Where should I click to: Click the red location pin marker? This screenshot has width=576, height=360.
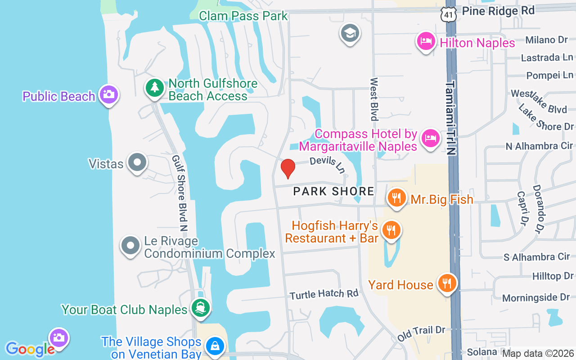pos(288,168)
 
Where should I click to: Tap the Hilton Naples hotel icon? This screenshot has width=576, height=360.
pos(426,42)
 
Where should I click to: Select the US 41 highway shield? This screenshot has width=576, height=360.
pos(449,13)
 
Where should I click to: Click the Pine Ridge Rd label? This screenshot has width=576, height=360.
pos(498,10)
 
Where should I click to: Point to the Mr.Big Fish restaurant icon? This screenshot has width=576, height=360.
pos(396,198)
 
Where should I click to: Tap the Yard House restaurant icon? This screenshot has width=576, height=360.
pos(446,283)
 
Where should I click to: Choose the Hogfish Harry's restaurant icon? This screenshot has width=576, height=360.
pos(391,230)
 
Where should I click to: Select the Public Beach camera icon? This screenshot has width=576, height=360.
pos(109,94)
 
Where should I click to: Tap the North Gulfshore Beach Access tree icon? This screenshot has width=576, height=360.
pos(155,88)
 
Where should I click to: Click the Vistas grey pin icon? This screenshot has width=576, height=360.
pos(137,162)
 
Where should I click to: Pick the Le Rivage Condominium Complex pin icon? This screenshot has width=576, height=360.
pos(130,246)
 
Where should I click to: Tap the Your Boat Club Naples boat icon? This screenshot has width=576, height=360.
pos(200,309)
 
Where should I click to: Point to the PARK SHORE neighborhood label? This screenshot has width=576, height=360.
pos(333,191)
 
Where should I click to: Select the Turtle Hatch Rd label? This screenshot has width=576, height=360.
pos(324,294)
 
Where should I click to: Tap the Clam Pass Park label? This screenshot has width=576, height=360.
pos(243,16)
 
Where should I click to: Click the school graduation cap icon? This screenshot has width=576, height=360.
pos(350,33)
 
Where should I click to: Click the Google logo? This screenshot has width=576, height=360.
pos(30,349)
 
